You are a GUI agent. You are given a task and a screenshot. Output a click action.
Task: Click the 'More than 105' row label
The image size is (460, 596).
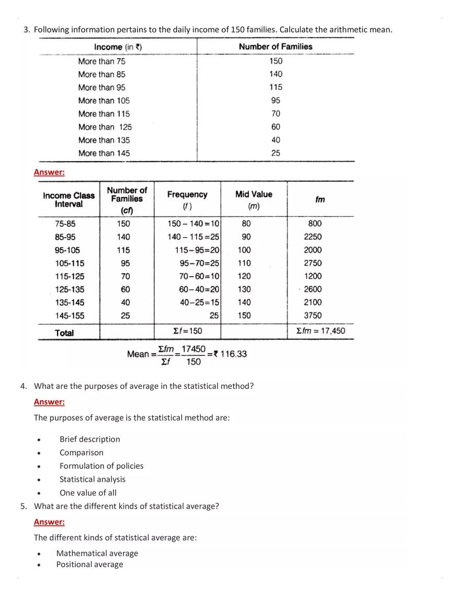click(x=103, y=100)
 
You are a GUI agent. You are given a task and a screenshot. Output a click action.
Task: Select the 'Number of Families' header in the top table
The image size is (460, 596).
click(x=275, y=47)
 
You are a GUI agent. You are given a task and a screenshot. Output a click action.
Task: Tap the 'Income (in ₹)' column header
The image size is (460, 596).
click(x=118, y=47)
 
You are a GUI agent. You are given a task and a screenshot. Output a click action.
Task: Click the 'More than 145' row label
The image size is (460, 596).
click(x=103, y=153)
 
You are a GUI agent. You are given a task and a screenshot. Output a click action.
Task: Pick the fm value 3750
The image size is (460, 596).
click(x=313, y=316)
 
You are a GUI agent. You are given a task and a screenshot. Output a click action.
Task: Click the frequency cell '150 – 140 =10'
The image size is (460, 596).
click(x=193, y=223)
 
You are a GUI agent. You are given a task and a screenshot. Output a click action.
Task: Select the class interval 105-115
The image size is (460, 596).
click(x=70, y=263)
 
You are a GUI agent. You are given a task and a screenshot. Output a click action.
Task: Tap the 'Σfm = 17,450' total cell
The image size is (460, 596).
click(x=320, y=331)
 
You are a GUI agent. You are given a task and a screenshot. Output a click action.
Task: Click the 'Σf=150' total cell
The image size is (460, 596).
click(x=187, y=331)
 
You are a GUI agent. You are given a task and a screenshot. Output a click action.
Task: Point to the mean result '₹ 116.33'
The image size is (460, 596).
click(x=230, y=354)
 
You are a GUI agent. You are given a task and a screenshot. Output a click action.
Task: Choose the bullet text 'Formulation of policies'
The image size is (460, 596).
click(x=101, y=466)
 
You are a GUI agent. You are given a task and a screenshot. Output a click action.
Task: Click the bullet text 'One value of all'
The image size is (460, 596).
click(x=88, y=492)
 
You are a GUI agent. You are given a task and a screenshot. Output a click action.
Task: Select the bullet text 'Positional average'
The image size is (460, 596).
click(x=89, y=564)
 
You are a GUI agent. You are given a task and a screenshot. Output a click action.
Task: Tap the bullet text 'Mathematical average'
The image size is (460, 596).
click(x=97, y=553)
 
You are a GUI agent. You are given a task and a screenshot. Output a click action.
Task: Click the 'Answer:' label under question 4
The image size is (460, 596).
click(x=49, y=402)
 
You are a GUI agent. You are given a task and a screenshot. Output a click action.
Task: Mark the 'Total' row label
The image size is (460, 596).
click(x=64, y=333)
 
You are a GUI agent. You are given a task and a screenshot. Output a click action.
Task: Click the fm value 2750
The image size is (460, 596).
click(x=313, y=263)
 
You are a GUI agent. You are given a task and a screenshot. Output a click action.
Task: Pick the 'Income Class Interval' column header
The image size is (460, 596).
click(x=69, y=199)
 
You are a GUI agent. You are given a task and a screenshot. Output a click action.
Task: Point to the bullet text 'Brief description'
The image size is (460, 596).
click(x=89, y=439)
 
